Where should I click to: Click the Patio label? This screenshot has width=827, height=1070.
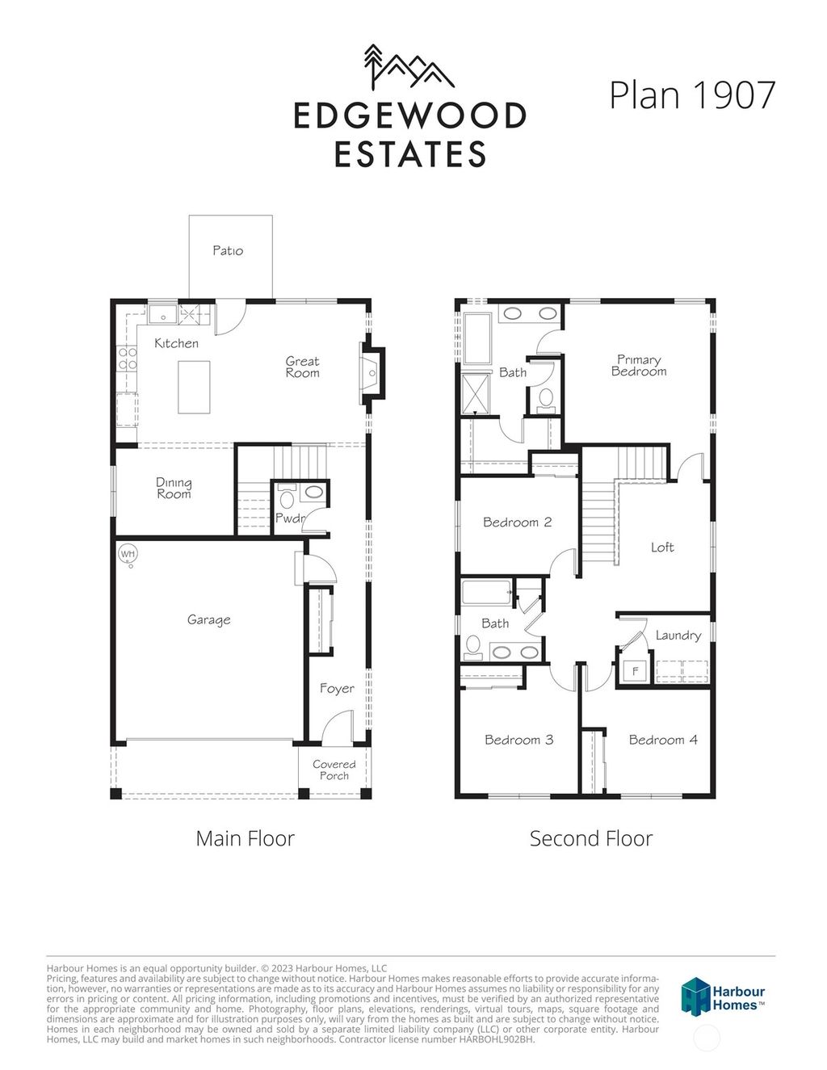228,250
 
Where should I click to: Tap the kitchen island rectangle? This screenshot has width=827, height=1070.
193,387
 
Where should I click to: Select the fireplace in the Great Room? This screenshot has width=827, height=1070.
372,372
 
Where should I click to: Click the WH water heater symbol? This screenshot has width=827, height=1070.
128,554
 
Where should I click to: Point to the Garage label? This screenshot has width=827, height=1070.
208,619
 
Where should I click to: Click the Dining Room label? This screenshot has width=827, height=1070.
174,488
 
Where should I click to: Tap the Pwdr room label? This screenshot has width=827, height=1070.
290,518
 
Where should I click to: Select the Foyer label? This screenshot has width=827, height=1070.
337,688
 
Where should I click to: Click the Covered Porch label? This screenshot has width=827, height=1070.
334,770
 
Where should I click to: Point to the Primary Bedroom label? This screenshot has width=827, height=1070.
639,365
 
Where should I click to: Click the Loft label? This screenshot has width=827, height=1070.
662,547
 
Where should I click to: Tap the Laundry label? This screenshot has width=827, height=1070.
678,635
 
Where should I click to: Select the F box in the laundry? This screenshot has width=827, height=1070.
635,670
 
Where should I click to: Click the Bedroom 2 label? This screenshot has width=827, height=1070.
517,522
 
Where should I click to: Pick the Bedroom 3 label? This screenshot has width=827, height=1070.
518,739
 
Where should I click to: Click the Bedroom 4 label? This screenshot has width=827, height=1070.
663,739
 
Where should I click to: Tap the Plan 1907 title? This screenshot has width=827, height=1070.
692,94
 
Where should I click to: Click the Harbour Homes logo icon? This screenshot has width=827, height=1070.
695,995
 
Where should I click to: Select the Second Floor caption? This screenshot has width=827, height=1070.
590,838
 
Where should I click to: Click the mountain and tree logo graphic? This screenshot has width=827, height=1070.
409,66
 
